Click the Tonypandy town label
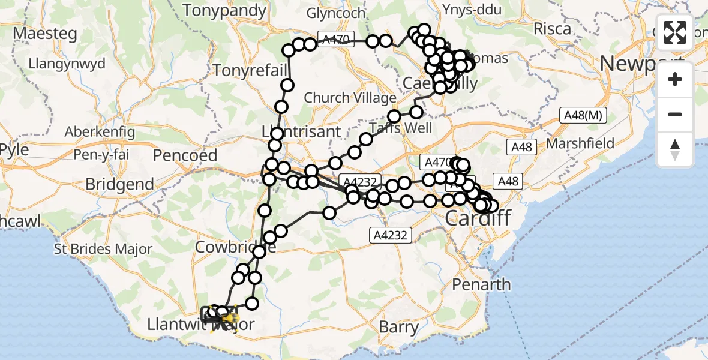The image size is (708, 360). click(224, 10)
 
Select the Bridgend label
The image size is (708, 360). click(119, 184)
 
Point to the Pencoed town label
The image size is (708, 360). click(185, 155)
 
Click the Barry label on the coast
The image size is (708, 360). click(399, 328)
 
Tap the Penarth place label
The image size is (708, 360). click(482, 284)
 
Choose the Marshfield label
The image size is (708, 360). click(580, 143)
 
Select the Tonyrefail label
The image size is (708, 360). click(250, 71)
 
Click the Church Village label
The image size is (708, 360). click(350, 97)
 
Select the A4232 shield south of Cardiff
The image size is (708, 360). click(390, 235)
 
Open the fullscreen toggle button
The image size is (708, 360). click(675, 32)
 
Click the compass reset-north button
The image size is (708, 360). click(675, 149)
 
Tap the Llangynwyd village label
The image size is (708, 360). click(67, 64)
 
